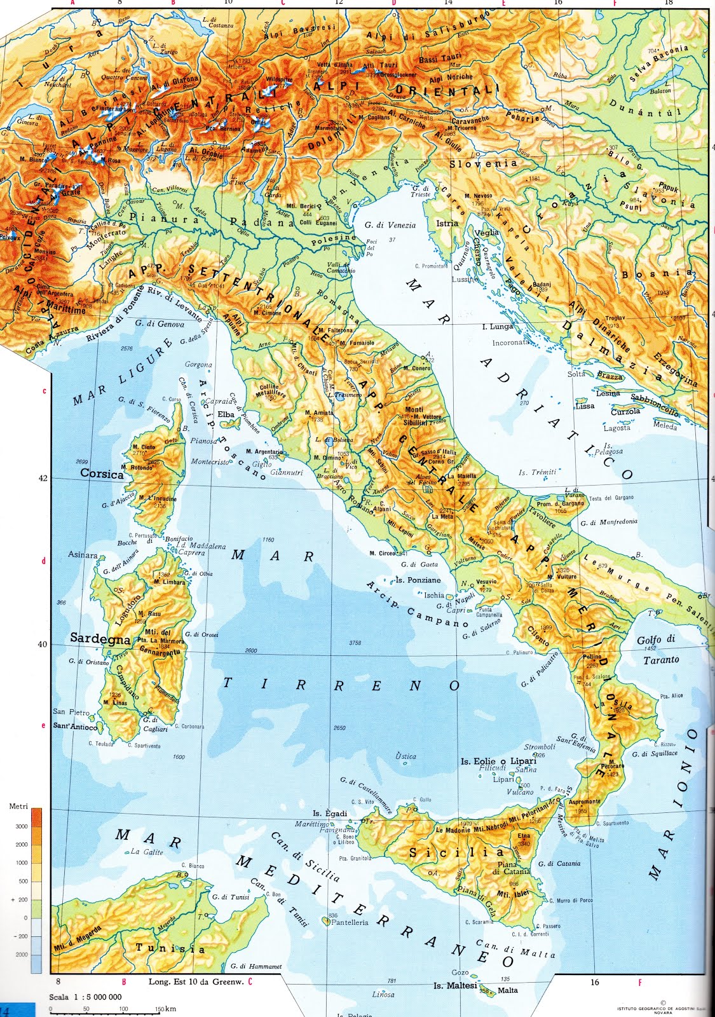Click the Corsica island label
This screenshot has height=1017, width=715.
[x=102, y=474]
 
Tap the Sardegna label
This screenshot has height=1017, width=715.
[x=100, y=638]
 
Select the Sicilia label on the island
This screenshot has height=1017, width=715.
[x=456, y=852]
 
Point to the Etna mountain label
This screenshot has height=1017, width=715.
[x=524, y=836]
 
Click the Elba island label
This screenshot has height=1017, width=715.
[x=226, y=414]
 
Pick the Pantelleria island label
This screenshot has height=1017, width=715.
[x=350, y=922]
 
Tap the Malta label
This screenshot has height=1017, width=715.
[x=507, y=990]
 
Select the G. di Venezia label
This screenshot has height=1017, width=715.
[x=390, y=225]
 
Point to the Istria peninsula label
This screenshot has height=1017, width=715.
[x=447, y=223]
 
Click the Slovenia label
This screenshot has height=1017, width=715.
[x=483, y=163]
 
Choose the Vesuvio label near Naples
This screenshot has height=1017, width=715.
[x=486, y=582]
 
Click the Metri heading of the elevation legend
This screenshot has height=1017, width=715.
[x=18, y=806]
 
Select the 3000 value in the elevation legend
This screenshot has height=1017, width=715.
[x=21, y=826]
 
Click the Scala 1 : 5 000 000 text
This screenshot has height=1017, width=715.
[x=86, y=997]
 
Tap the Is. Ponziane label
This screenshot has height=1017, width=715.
[x=418, y=580]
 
